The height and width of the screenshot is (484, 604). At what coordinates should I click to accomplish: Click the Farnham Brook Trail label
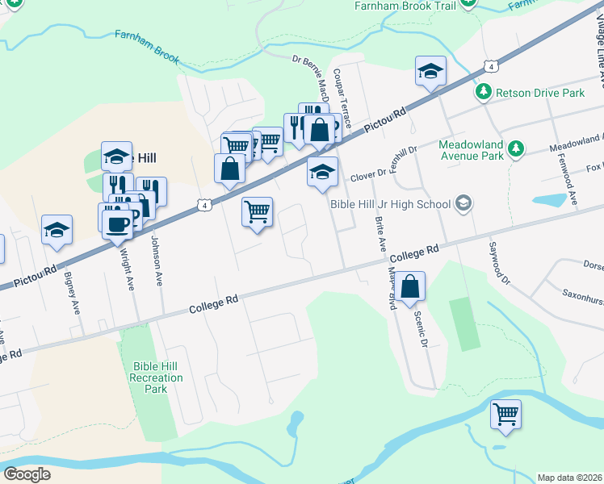(405, 6)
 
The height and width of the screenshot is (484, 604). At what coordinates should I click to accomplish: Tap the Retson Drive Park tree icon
(484, 93)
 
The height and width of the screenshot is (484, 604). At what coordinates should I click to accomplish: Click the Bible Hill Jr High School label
(390, 203)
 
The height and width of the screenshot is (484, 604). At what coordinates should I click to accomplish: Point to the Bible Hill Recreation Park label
(157, 378)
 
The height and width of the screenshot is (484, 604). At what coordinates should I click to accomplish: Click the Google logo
(27, 474)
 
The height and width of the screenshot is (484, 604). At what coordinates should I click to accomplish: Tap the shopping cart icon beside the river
(505, 415)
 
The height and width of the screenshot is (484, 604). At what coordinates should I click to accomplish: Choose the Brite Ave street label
(378, 232)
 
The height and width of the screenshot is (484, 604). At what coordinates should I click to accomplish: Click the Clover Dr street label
(367, 175)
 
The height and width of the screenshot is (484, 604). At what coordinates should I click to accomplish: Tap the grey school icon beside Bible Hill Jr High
(463, 203)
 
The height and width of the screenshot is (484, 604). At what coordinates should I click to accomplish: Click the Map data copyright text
(570, 478)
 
